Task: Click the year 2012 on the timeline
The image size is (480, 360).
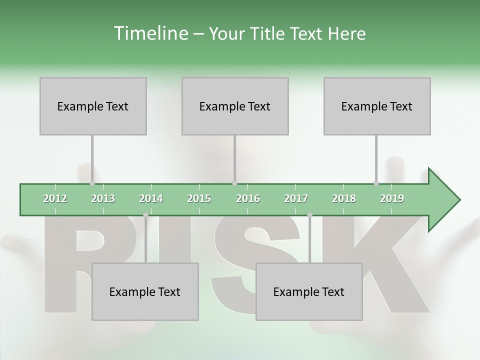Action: [x=55, y=198]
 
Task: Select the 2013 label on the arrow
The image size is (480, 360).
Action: [x=103, y=198]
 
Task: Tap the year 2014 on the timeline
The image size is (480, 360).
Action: [x=151, y=198]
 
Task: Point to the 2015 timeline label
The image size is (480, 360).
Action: [x=199, y=198]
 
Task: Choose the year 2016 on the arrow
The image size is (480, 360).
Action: [x=248, y=198]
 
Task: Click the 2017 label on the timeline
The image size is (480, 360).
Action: [x=296, y=198]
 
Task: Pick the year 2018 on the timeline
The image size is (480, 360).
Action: [x=344, y=198]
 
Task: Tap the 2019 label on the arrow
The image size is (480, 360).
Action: [x=392, y=198]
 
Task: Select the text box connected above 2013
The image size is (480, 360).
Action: [x=93, y=106]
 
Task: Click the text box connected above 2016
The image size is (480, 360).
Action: [x=235, y=106]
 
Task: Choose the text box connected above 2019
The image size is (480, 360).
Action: [x=377, y=106]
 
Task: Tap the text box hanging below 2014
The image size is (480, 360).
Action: [x=145, y=291]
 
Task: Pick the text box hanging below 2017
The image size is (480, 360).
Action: [x=309, y=291]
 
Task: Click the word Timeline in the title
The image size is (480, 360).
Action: [x=149, y=33]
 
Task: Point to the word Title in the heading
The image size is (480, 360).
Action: [x=269, y=33]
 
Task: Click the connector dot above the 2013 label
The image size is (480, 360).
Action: [x=92, y=183]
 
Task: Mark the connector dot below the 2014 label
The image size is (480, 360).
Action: [x=145, y=215]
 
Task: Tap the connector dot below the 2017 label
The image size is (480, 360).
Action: [x=309, y=215]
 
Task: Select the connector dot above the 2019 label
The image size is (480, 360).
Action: [x=376, y=183]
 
